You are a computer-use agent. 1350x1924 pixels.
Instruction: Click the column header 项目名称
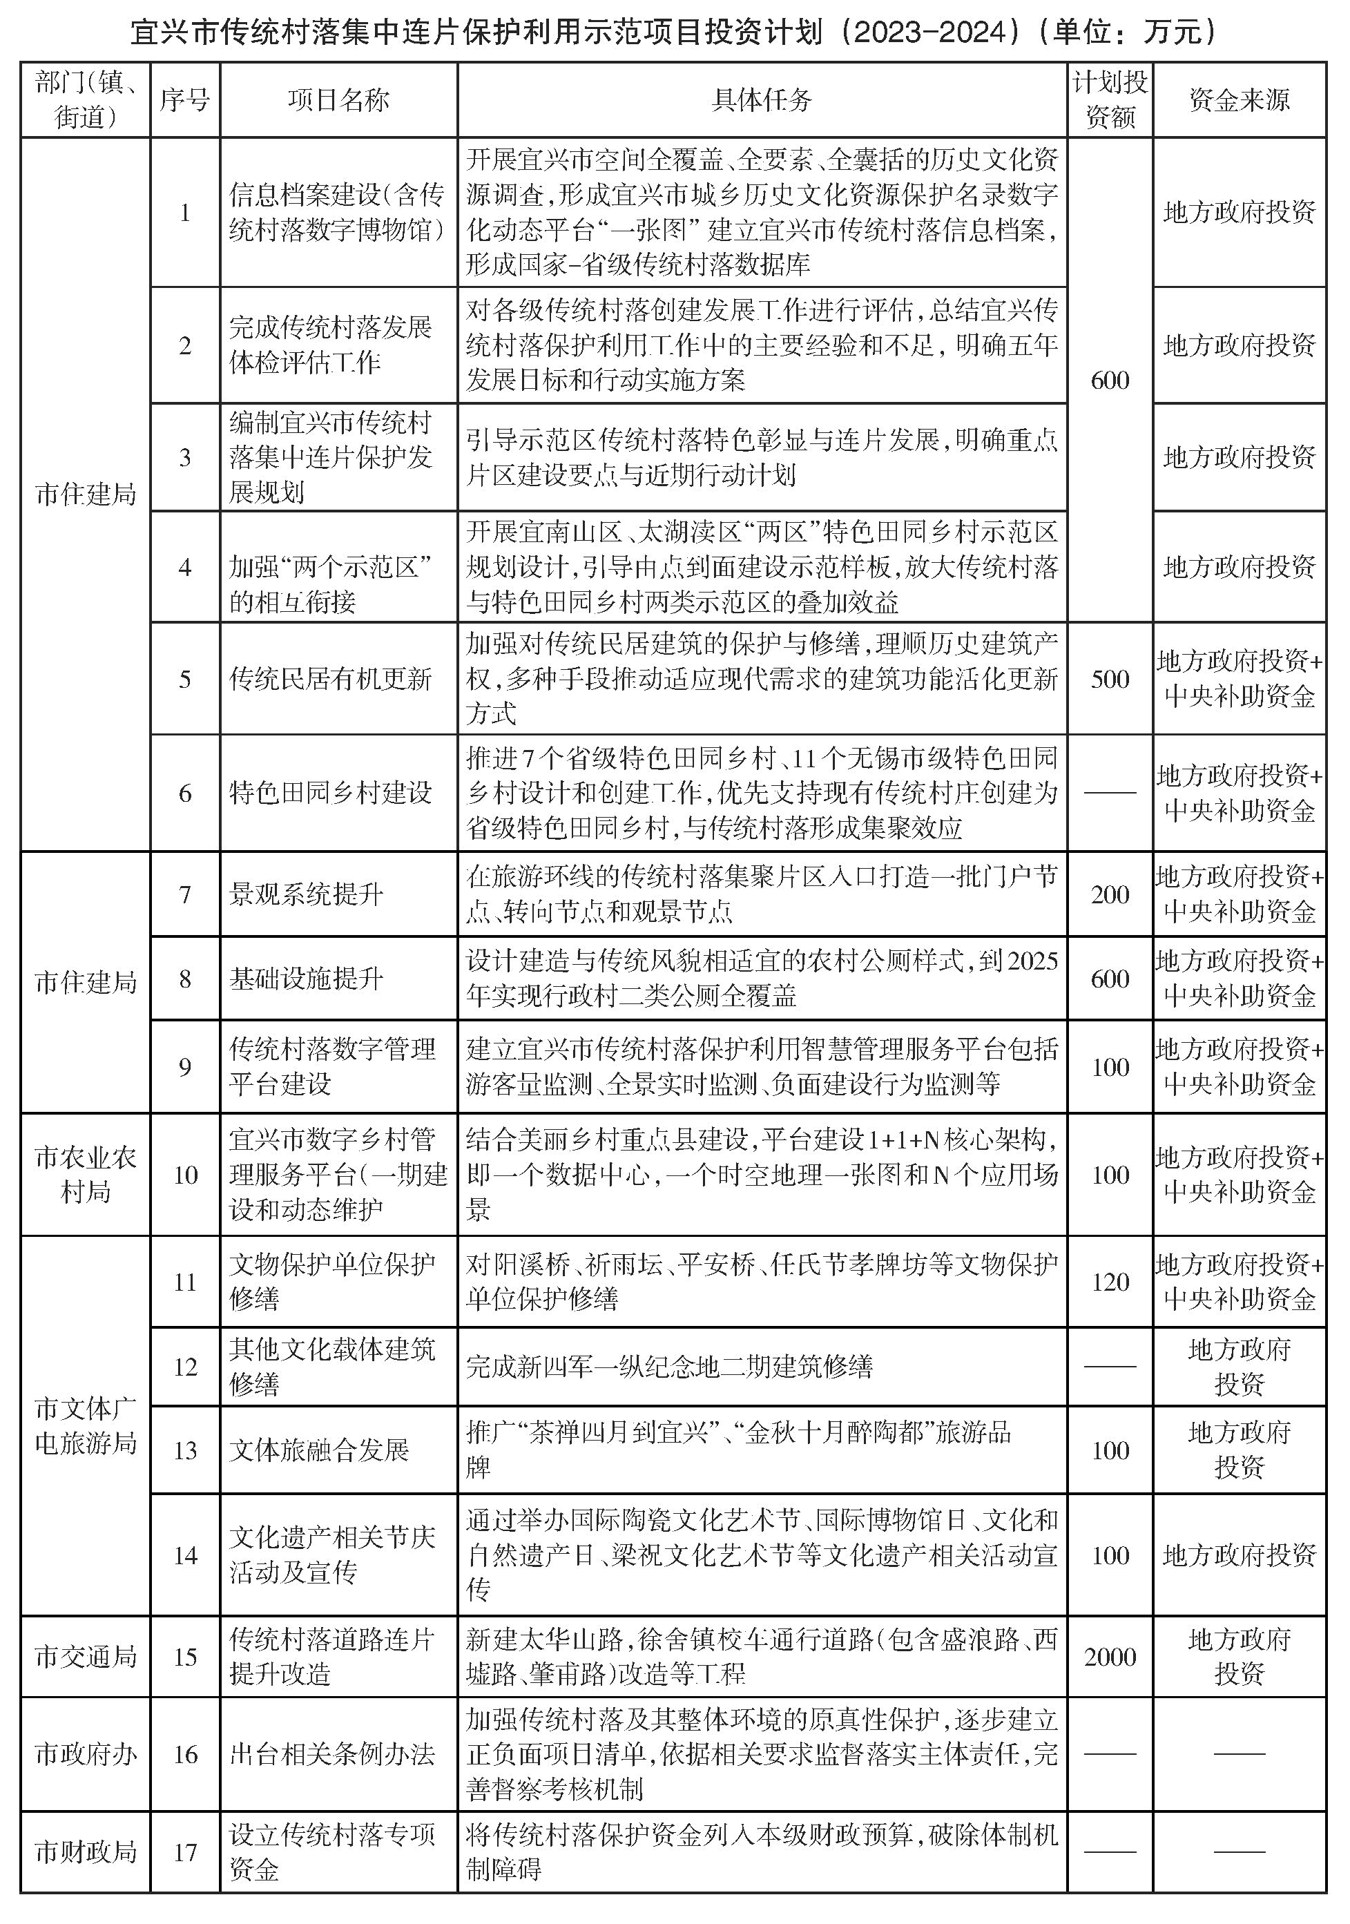click(338, 99)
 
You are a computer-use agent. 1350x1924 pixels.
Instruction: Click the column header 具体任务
click(761, 99)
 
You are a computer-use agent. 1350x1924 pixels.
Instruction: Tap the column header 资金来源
click(1239, 99)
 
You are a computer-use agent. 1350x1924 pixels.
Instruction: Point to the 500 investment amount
click(1110, 679)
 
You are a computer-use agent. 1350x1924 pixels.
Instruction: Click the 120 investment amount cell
click(1110, 1281)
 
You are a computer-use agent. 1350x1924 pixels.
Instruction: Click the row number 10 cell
click(184, 1174)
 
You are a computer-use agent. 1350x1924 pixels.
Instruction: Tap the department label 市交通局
click(86, 1656)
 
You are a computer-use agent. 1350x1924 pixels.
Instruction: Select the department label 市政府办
click(86, 1754)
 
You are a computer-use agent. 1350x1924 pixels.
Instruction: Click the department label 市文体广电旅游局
click(86, 1425)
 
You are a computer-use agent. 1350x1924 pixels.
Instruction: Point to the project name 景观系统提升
click(306, 894)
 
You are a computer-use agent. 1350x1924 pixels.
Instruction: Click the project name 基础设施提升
click(306, 978)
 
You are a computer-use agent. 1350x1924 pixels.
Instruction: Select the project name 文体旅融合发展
click(318, 1450)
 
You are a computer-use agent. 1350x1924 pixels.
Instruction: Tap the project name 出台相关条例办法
click(332, 1754)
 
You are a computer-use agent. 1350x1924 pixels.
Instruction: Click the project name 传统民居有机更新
click(330, 679)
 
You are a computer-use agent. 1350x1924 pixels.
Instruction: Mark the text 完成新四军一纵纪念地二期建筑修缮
click(668, 1367)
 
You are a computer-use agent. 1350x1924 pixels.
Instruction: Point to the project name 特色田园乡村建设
click(330, 793)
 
